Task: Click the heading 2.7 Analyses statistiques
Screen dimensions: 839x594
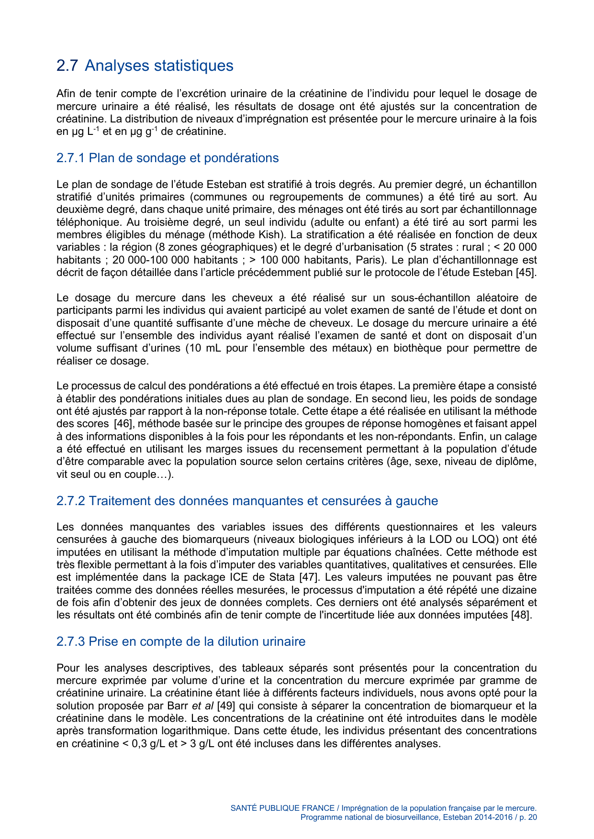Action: point(145,66)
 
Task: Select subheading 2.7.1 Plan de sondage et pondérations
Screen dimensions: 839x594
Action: point(168,158)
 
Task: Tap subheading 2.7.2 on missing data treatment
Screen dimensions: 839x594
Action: point(247,501)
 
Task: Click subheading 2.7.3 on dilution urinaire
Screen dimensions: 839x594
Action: point(181,641)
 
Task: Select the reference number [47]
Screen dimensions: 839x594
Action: point(309,577)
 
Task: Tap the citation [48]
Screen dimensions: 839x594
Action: point(521,615)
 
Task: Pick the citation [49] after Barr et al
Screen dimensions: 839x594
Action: point(226,706)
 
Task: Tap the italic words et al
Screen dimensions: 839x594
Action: point(202,706)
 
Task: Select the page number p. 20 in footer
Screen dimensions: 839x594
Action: point(528,817)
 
